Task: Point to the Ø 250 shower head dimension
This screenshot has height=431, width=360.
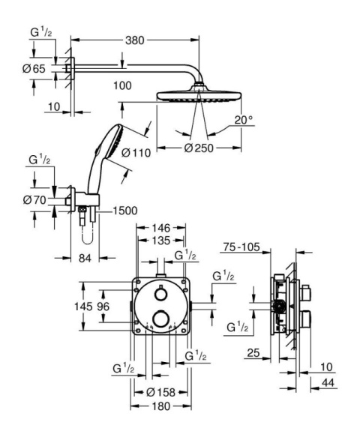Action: tap(199, 147)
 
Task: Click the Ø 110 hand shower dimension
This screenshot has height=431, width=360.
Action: tap(137, 153)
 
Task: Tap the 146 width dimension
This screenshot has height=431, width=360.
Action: tap(160, 226)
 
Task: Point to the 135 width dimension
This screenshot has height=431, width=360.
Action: tap(160, 241)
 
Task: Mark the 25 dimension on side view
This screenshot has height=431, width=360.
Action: tap(253, 352)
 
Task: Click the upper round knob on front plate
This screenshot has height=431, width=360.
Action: tap(159, 292)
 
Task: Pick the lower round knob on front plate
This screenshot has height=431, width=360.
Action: tap(159, 321)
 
